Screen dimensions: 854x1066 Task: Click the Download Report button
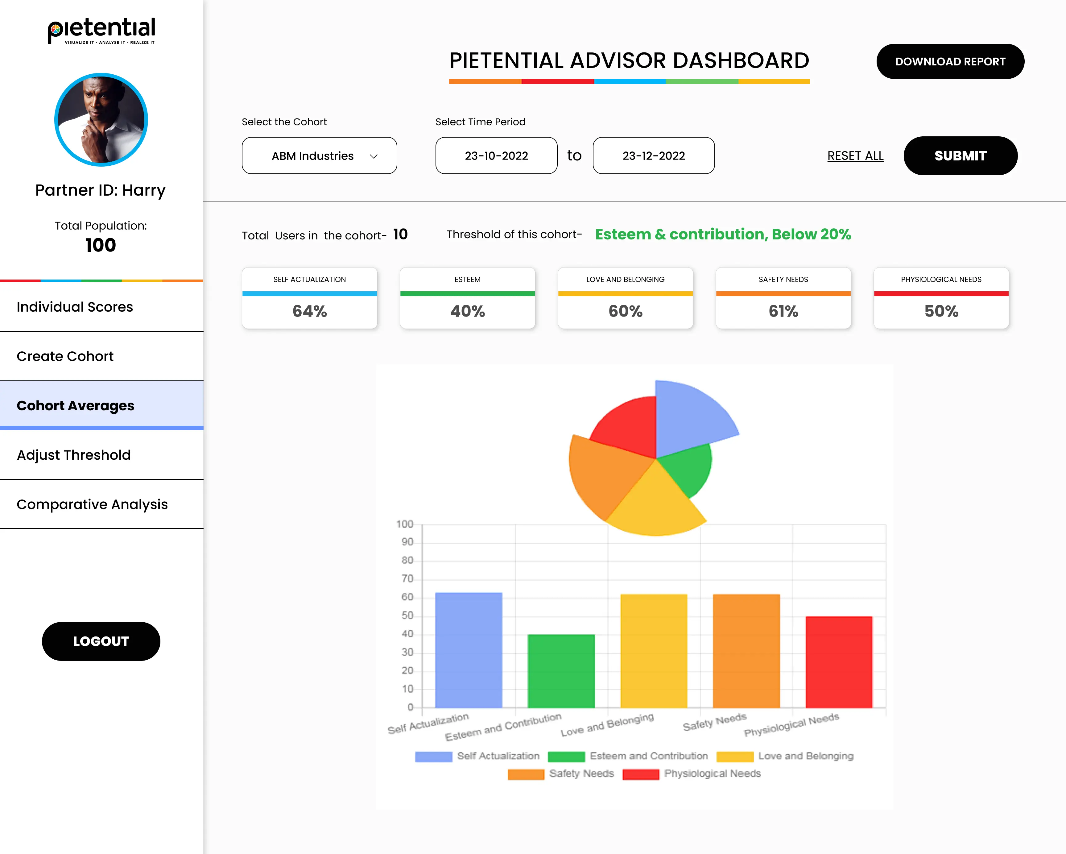click(950, 61)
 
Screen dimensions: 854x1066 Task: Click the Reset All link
click(855, 156)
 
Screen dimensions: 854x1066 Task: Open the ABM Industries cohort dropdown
click(319, 156)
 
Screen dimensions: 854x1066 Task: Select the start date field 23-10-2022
click(496, 156)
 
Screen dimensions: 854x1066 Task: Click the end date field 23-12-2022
click(653, 156)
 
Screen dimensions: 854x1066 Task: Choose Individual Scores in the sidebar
click(75, 307)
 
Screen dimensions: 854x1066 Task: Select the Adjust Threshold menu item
click(74, 455)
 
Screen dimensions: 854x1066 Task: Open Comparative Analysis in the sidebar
click(92, 504)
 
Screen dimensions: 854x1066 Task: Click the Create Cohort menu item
click(65, 357)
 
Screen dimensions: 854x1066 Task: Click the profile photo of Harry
click(101, 120)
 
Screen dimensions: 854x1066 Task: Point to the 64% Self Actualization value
click(309, 311)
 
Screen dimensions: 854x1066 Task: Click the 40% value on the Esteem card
click(467, 311)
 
